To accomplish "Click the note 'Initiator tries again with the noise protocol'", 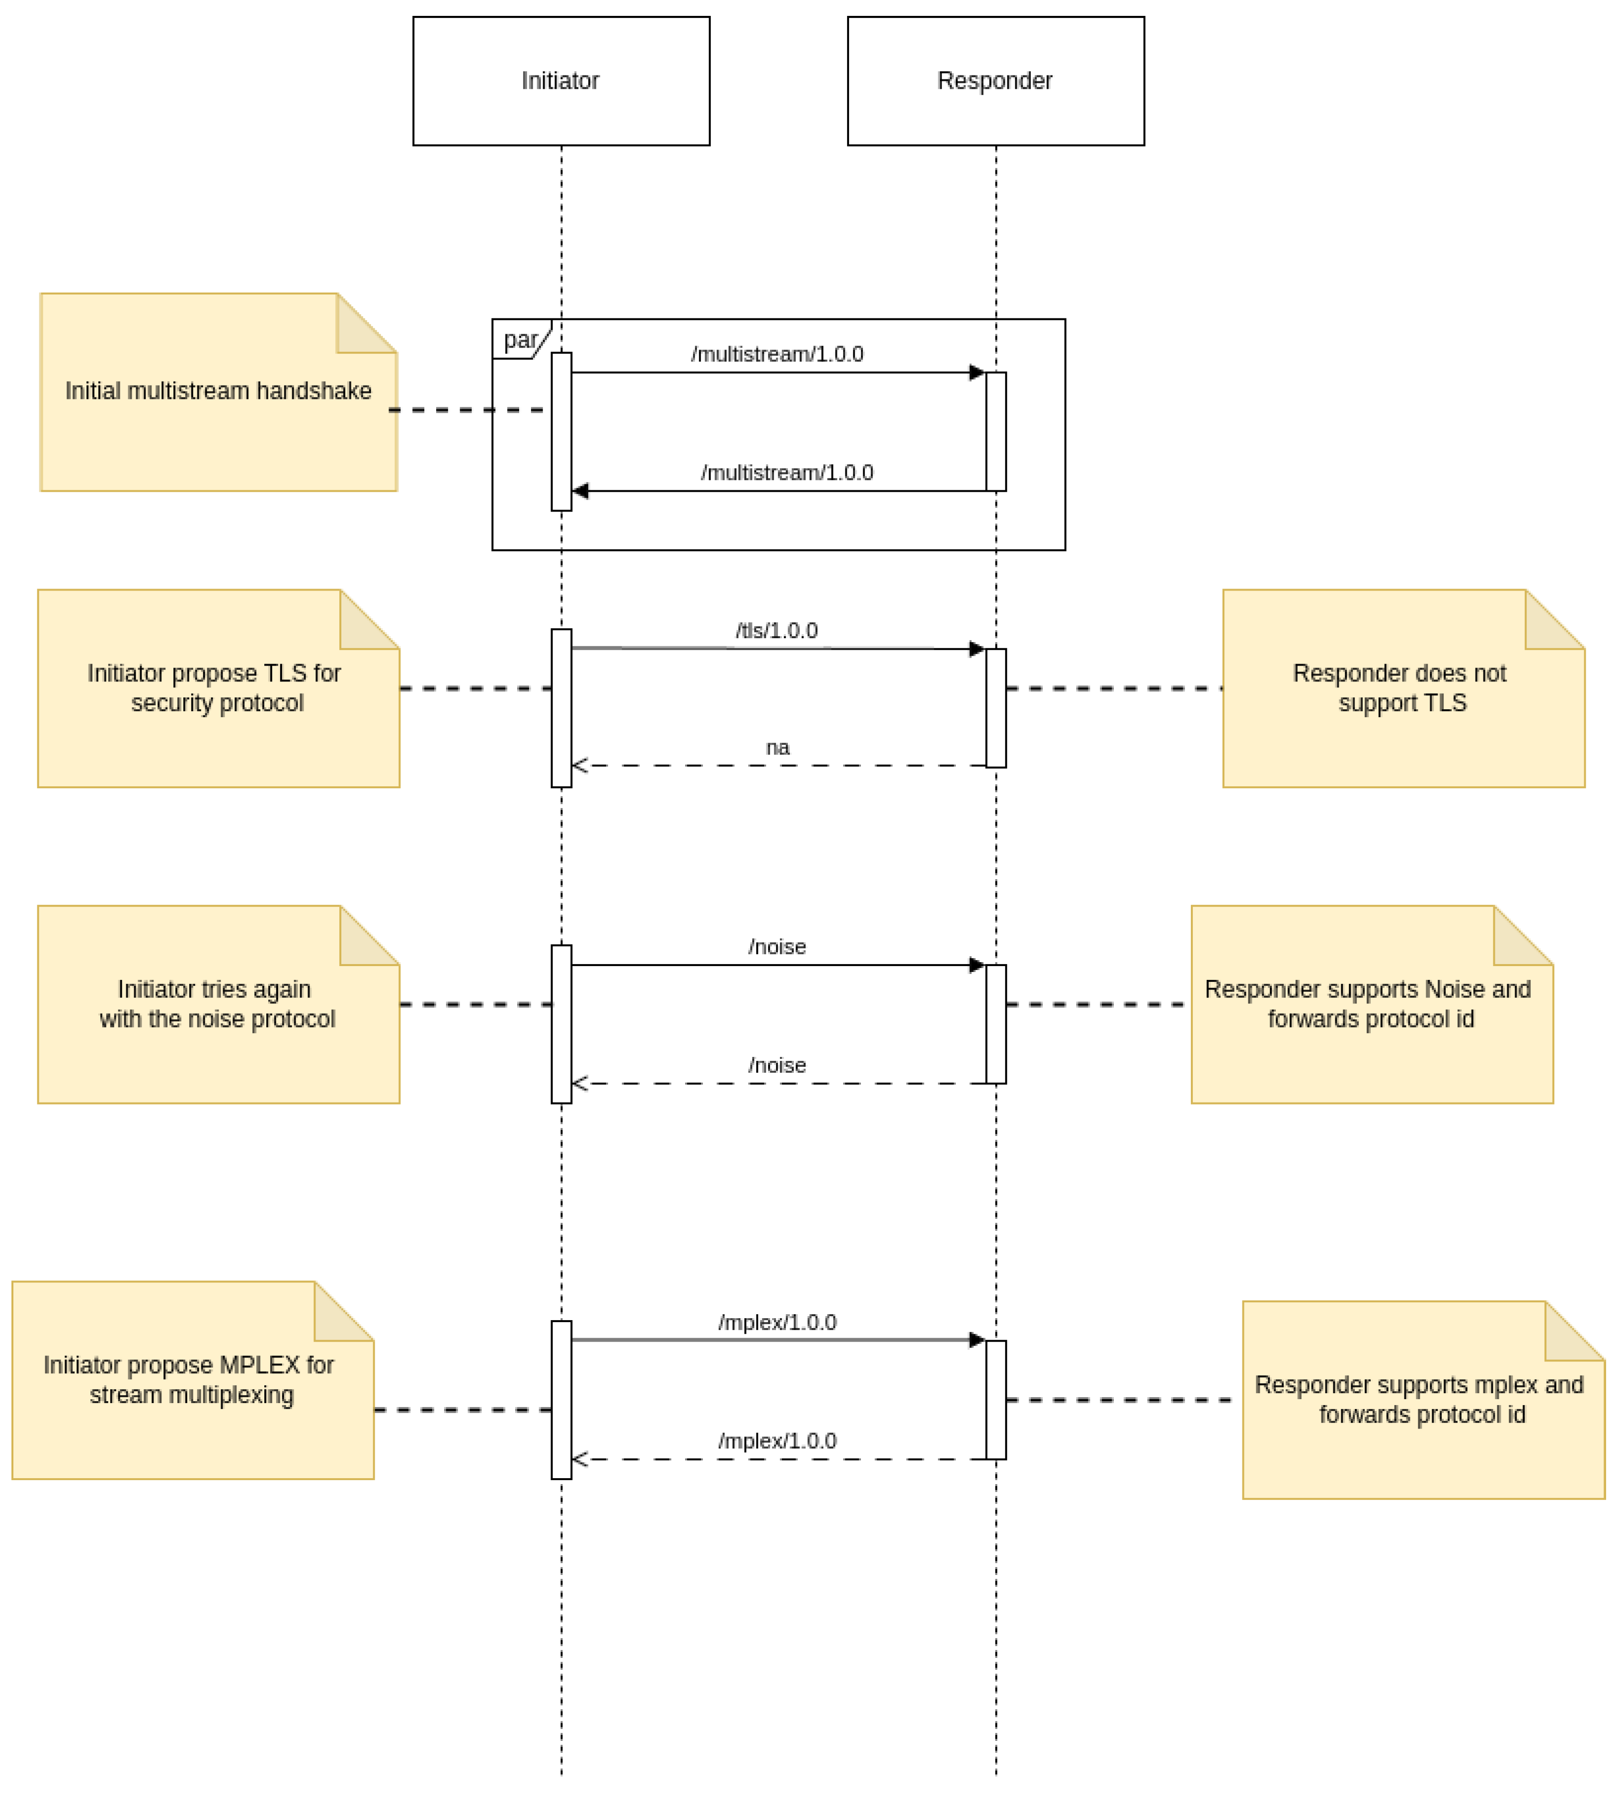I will pos(218,1004).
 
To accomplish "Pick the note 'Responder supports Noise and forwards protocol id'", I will pos(1371,1004).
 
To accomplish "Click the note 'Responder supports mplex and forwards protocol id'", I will pos(1423,1400).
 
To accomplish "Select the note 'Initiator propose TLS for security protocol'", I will pos(218,688).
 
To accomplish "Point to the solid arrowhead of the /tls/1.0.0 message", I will pos(977,649).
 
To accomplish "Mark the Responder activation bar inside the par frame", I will pos(996,432).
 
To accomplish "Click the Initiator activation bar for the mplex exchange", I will pos(561,1400).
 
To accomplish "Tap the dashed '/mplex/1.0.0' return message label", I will pos(777,1441).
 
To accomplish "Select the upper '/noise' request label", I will pos(777,947).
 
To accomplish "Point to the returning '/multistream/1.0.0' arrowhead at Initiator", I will pos(581,491).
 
